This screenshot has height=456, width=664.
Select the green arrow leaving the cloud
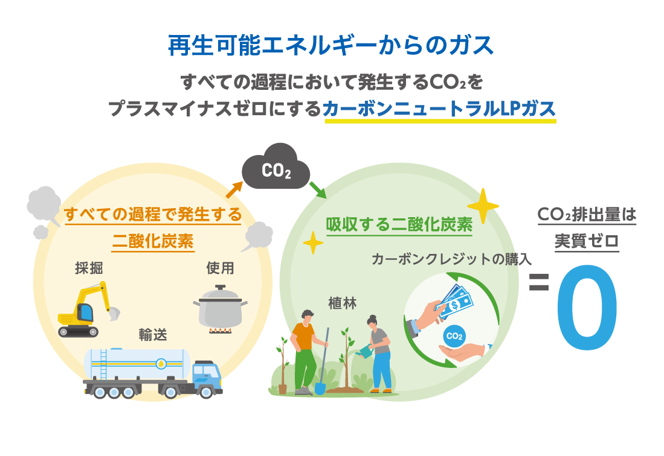point(317,189)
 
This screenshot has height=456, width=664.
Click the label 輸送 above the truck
point(152,335)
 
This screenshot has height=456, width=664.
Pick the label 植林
point(343,302)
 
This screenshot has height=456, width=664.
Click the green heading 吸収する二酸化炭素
point(399,224)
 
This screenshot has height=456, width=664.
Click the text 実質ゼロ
point(587,241)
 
